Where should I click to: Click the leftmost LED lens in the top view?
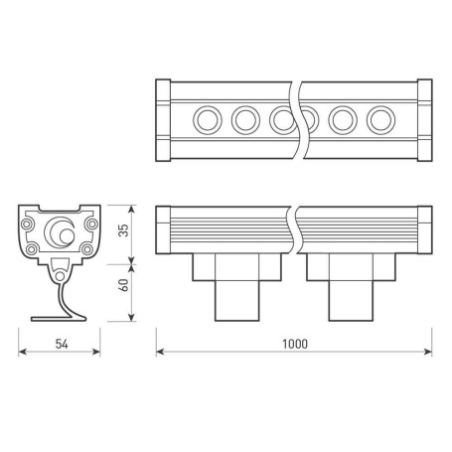[209, 120]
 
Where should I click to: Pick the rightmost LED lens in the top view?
[378, 120]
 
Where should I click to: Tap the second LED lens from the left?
[244, 120]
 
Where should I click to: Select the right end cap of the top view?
[423, 120]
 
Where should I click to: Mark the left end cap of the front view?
[164, 229]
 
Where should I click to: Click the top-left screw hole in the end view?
[33, 224]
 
